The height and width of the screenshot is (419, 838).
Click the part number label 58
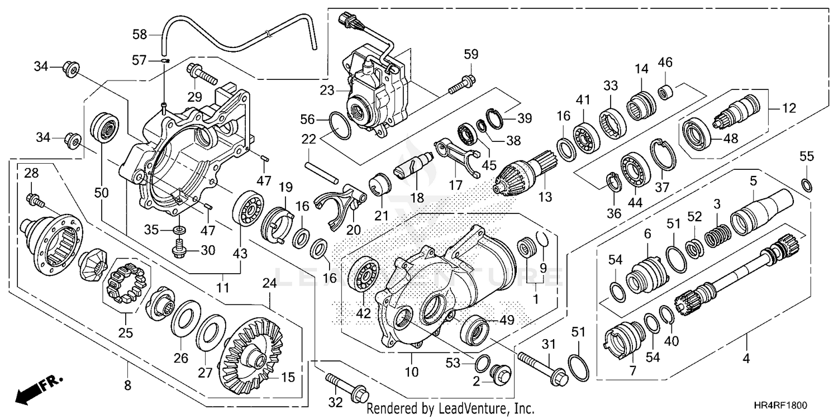pos(140,35)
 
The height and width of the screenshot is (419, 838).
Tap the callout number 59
pos(471,55)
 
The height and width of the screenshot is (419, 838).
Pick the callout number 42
pos(363,314)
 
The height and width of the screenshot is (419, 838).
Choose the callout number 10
pos(412,372)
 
